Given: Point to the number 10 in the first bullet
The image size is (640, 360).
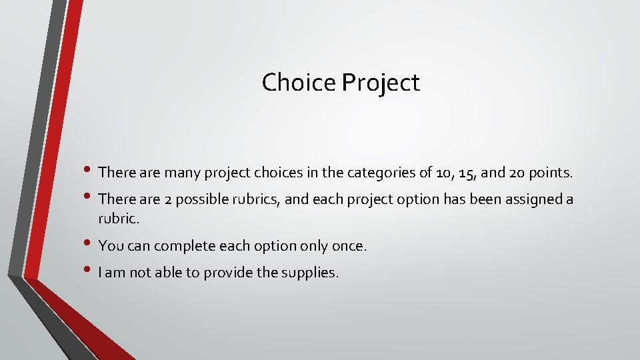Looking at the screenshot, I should [442, 173].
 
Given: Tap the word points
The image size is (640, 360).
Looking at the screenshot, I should [549, 173].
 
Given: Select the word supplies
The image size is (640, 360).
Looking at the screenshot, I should [313, 273].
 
